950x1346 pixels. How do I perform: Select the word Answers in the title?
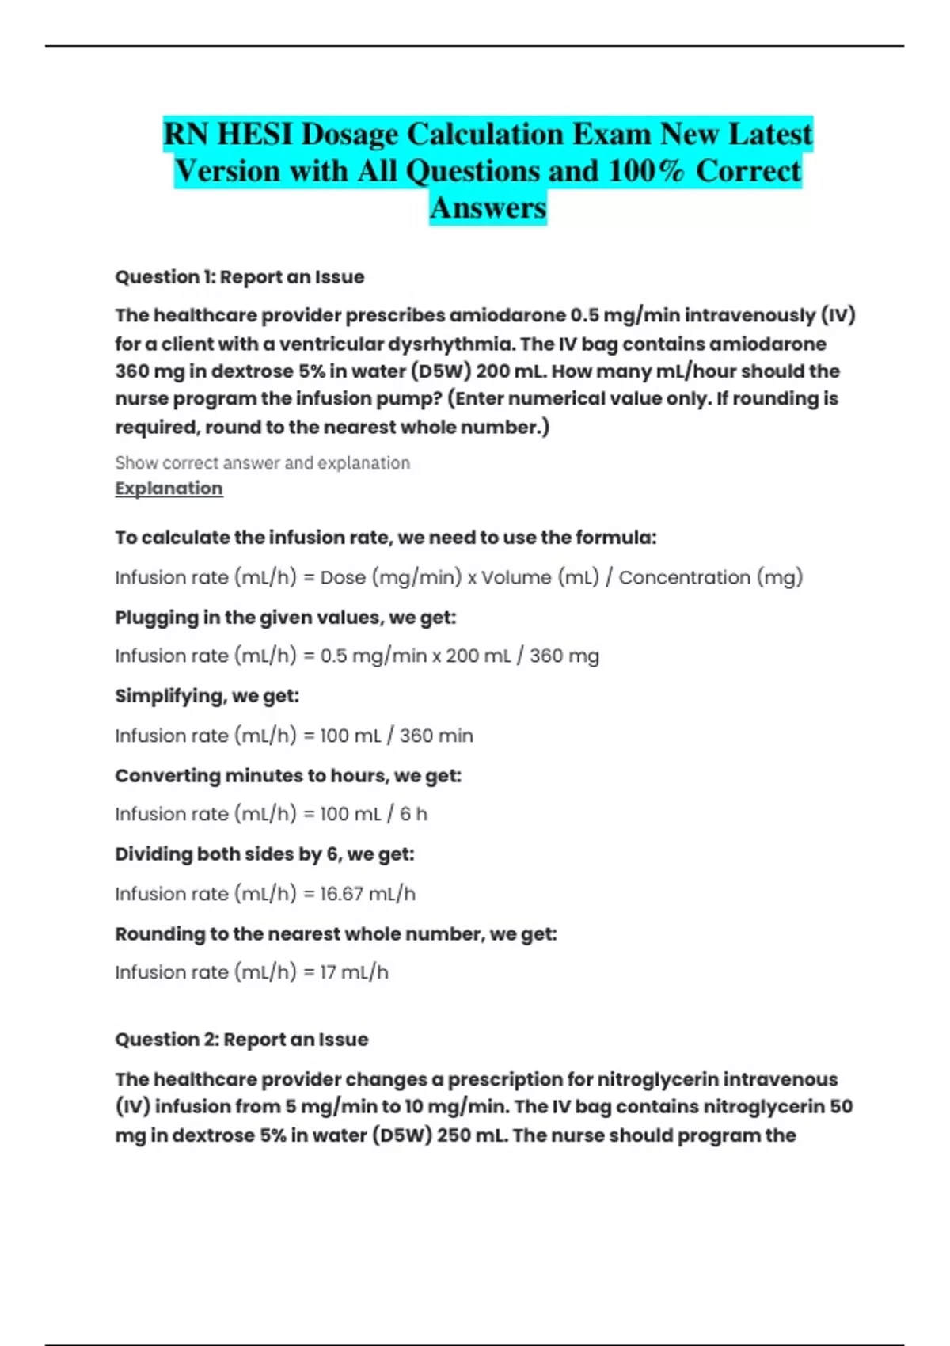tap(488, 207)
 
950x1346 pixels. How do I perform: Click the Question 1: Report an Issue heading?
tap(240, 277)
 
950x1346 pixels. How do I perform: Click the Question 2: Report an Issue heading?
tap(241, 1040)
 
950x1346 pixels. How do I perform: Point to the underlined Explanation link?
tap(169, 489)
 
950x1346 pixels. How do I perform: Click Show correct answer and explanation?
tap(262, 462)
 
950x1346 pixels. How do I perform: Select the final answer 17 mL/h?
tap(354, 972)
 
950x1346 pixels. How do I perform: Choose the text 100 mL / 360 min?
tap(396, 736)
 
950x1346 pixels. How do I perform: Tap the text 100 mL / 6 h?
tap(373, 814)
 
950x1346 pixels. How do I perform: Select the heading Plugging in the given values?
tap(285, 618)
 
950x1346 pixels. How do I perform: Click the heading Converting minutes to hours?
tap(287, 775)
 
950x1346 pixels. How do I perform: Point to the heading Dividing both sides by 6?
tap(264, 854)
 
